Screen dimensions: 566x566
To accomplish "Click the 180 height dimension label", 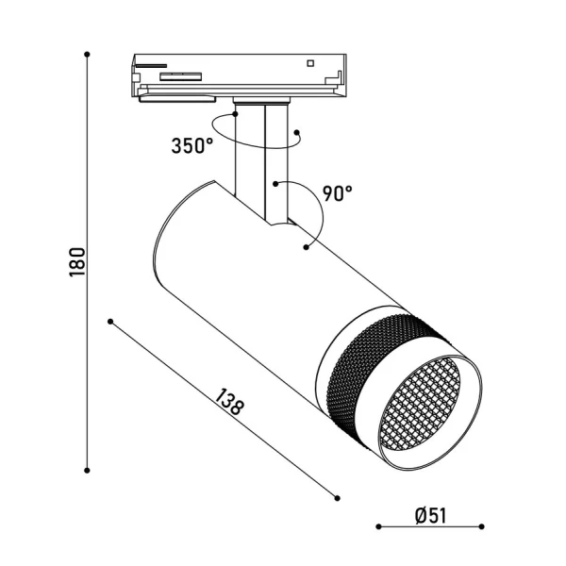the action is [77, 261].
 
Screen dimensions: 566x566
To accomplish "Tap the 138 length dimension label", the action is [229, 402].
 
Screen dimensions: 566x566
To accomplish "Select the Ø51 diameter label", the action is [431, 515].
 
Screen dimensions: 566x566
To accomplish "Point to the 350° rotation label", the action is [192, 146].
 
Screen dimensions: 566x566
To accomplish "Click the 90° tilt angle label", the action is [337, 193].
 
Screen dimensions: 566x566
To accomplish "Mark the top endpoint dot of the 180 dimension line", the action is [87, 55].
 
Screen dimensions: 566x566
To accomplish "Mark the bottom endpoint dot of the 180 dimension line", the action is [87, 471].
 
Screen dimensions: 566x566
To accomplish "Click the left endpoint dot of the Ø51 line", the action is [378, 526].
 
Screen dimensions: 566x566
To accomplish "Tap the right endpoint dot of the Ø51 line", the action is [481, 526].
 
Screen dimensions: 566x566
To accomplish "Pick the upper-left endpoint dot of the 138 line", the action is [110, 322].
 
